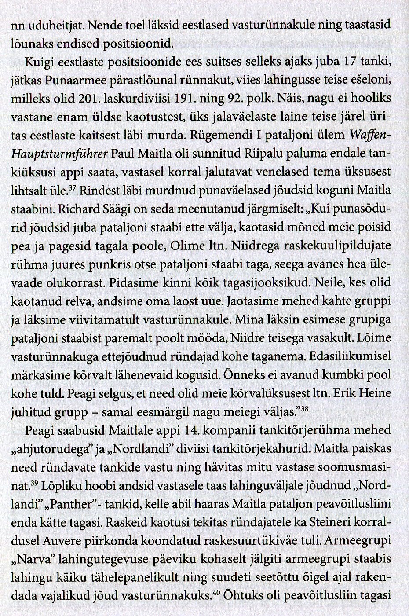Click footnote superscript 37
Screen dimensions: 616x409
click(x=73, y=188)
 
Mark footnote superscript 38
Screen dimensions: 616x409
click(x=304, y=410)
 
